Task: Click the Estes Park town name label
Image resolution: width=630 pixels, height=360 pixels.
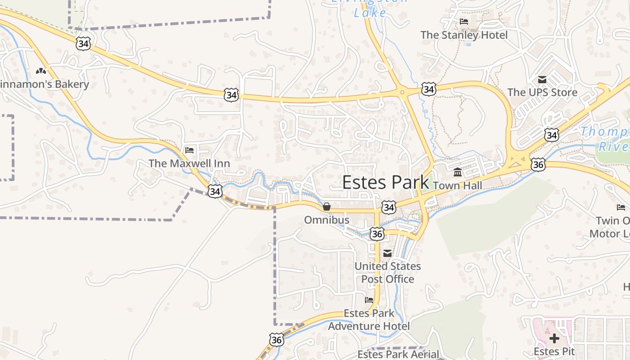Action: (x=386, y=182)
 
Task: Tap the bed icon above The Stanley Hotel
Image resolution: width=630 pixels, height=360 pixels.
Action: (x=464, y=22)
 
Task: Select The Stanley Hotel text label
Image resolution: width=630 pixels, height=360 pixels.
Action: (x=463, y=35)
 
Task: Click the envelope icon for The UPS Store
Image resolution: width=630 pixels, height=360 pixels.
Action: (x=542, y=80)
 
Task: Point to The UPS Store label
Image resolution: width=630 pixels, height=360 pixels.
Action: (x=542, y=93)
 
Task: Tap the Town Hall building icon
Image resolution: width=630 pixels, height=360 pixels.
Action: (x=458, y=172)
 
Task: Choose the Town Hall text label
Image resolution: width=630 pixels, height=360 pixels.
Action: (x=457, y=185)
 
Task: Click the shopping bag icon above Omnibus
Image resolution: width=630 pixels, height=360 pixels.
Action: (x=327, y=207)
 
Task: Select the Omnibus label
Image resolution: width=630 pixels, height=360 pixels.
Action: (x=327, y=220)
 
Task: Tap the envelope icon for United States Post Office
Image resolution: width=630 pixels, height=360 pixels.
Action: (x=387, y=253)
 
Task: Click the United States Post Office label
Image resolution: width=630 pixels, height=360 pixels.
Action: (x=387, y=273)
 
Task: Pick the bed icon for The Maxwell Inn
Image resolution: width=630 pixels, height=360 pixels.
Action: (x=189, y=150)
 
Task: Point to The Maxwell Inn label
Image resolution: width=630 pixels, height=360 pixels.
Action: (x=189, y=163)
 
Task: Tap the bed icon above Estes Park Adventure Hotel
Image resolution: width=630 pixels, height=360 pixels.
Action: (x=369, y=300)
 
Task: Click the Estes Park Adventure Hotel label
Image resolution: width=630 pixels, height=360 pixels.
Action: (x=369, y=319)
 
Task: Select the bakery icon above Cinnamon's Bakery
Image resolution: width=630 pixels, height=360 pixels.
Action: (x=41, y=71)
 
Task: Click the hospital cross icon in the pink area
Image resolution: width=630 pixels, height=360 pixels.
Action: (x=554, y=338)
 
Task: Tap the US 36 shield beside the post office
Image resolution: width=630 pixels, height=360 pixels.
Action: (x=377, y=234)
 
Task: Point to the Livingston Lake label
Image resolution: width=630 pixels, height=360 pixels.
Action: (x=370, y=8)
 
